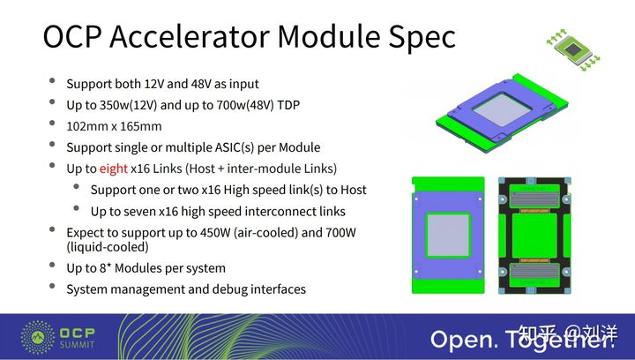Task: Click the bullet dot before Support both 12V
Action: (x=53, y=84)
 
